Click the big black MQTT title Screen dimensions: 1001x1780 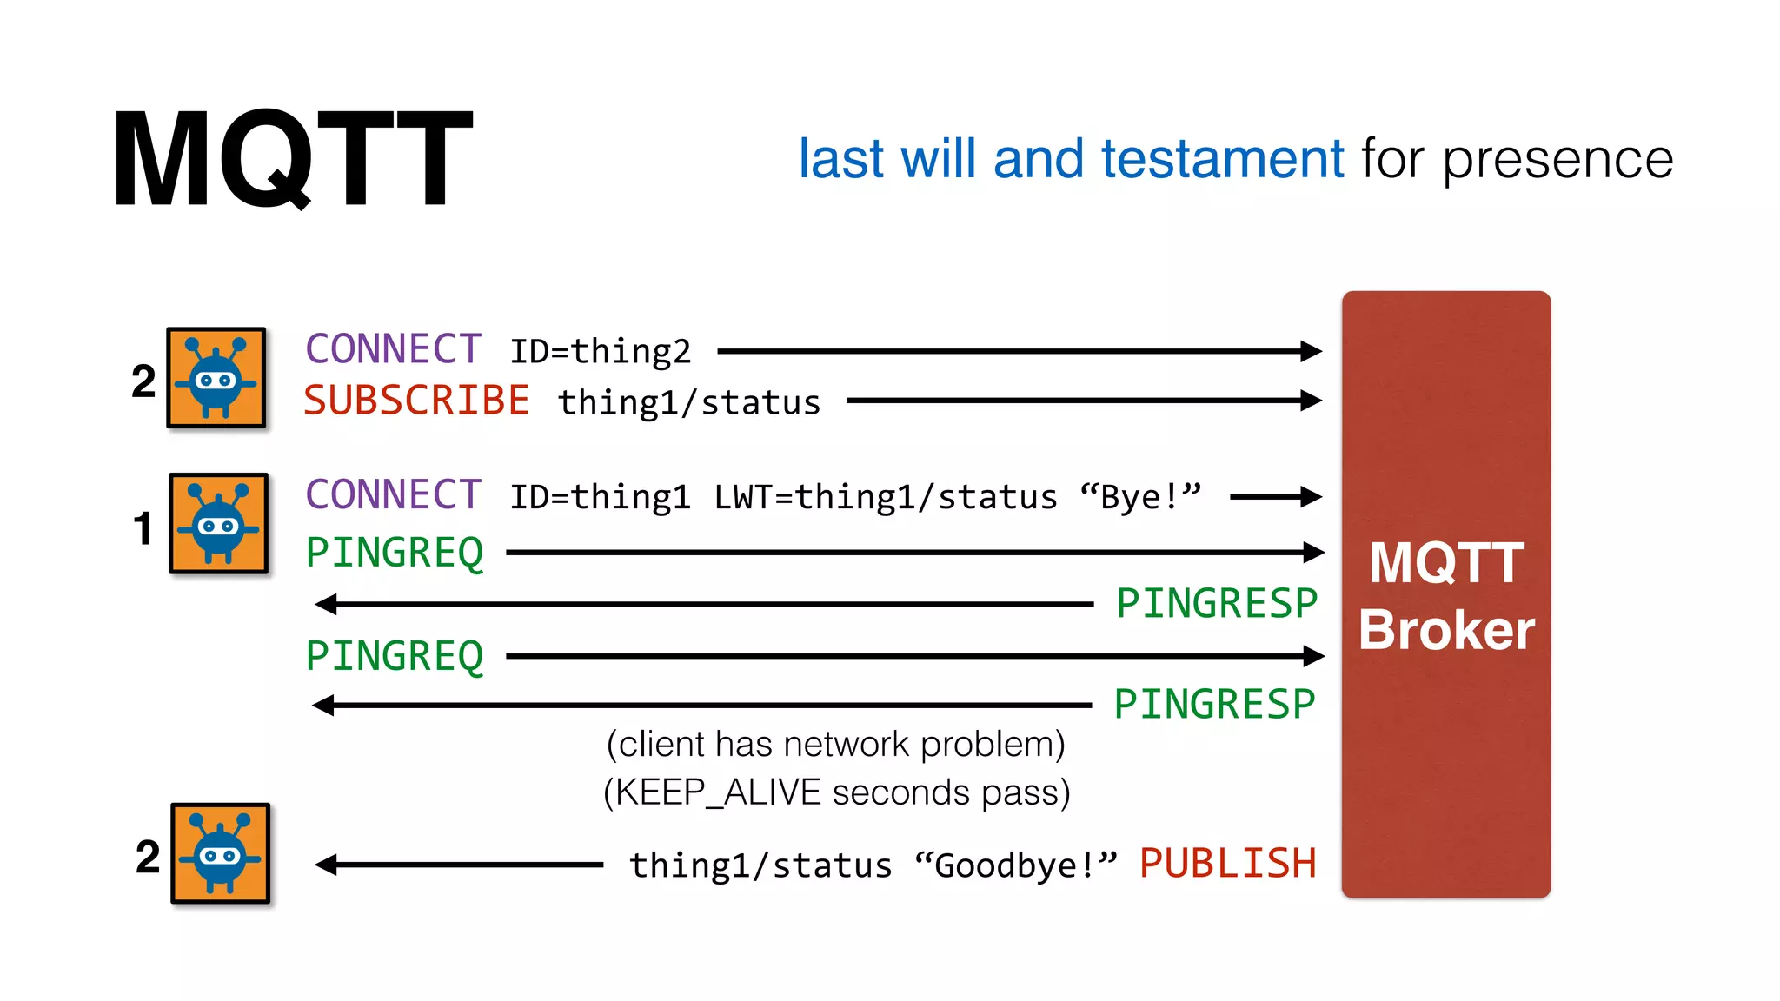point(292,158)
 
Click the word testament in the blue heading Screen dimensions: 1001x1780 point(1222,159)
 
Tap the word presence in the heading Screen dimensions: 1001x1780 point(1557,161)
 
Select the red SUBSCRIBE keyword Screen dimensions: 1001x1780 point(416,401)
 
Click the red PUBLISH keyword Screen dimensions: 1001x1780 point(1227,864)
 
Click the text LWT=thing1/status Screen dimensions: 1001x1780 point(885,497)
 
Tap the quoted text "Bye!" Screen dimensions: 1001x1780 point(1139,497)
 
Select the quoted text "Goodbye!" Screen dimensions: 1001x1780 point(1015,865)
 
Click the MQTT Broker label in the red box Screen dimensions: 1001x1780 point(1446,596)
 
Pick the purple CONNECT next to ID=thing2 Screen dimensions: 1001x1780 point(393,349)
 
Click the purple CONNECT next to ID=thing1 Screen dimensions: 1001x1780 point(393,495)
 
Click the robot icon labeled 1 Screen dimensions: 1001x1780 point(218,523)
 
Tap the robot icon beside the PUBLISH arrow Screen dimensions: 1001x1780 point(220,853)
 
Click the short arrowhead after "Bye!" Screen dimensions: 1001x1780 point(1311,497)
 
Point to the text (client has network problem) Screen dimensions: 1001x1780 point(835,745)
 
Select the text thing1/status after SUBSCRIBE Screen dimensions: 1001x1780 point(688,403)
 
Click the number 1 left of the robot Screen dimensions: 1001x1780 point(143,528)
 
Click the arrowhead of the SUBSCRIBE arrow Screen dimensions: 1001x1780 point(1311,401)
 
